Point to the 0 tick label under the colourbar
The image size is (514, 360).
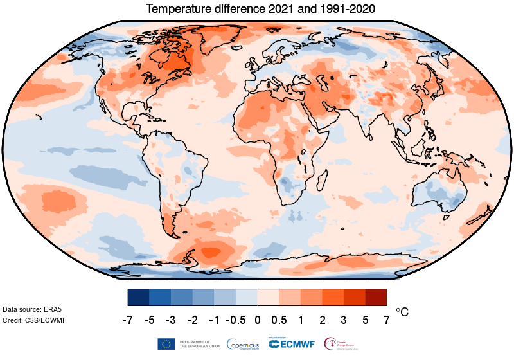click(x=257, y=319)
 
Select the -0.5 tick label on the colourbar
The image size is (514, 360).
click(x=236, y=319)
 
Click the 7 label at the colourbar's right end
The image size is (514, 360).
click(x=387, y=319)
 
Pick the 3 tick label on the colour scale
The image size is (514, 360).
click(x=344, y=319)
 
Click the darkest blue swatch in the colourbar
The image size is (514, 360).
click(x=138, y=297)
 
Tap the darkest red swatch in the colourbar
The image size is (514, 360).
click(x=376, y=297)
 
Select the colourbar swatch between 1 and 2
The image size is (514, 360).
click(x=311, y=297)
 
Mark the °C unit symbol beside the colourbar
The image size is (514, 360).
click(x=402, y=312)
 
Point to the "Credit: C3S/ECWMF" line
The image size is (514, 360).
click(x=35, y=320)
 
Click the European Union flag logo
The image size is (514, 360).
click(x=166, y=344)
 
